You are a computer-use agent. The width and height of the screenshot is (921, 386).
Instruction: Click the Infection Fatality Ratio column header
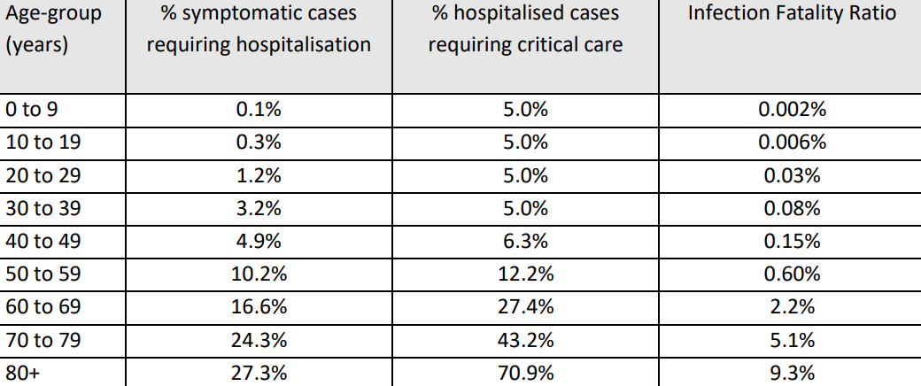point(792,14)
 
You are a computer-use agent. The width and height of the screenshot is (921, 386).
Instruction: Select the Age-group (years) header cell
point(53,30)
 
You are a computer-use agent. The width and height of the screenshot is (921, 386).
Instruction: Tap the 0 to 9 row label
point(32,110)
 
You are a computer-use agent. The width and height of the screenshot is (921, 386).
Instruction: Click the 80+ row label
point(22,374)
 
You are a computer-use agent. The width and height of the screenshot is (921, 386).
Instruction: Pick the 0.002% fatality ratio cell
point(792,110)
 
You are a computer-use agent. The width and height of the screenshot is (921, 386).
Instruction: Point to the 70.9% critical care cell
point(525,374)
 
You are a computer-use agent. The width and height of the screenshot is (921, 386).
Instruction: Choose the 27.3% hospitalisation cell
point(259,374)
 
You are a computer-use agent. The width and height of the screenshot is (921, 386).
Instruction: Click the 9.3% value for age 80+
point(792,374)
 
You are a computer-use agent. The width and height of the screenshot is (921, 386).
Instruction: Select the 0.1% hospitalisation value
point(259,110)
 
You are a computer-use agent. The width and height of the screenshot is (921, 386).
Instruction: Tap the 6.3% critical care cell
point(525,242)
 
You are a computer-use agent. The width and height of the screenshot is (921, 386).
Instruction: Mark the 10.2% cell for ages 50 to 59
point(259,274)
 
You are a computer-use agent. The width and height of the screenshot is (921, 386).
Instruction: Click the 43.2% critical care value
point(525,340)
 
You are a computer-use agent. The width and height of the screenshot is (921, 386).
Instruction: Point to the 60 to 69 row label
point(43,307)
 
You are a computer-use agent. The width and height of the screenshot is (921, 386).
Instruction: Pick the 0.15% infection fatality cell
point(792,242)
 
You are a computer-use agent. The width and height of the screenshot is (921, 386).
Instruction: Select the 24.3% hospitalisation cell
point(259,340)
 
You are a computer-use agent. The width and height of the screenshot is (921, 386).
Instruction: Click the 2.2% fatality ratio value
point(792,307)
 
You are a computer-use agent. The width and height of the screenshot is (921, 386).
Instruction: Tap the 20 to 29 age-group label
point(43,175)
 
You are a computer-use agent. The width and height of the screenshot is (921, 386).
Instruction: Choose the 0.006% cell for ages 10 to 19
point(792,143)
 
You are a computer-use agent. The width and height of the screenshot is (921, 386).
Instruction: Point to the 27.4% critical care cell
point(525,307)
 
